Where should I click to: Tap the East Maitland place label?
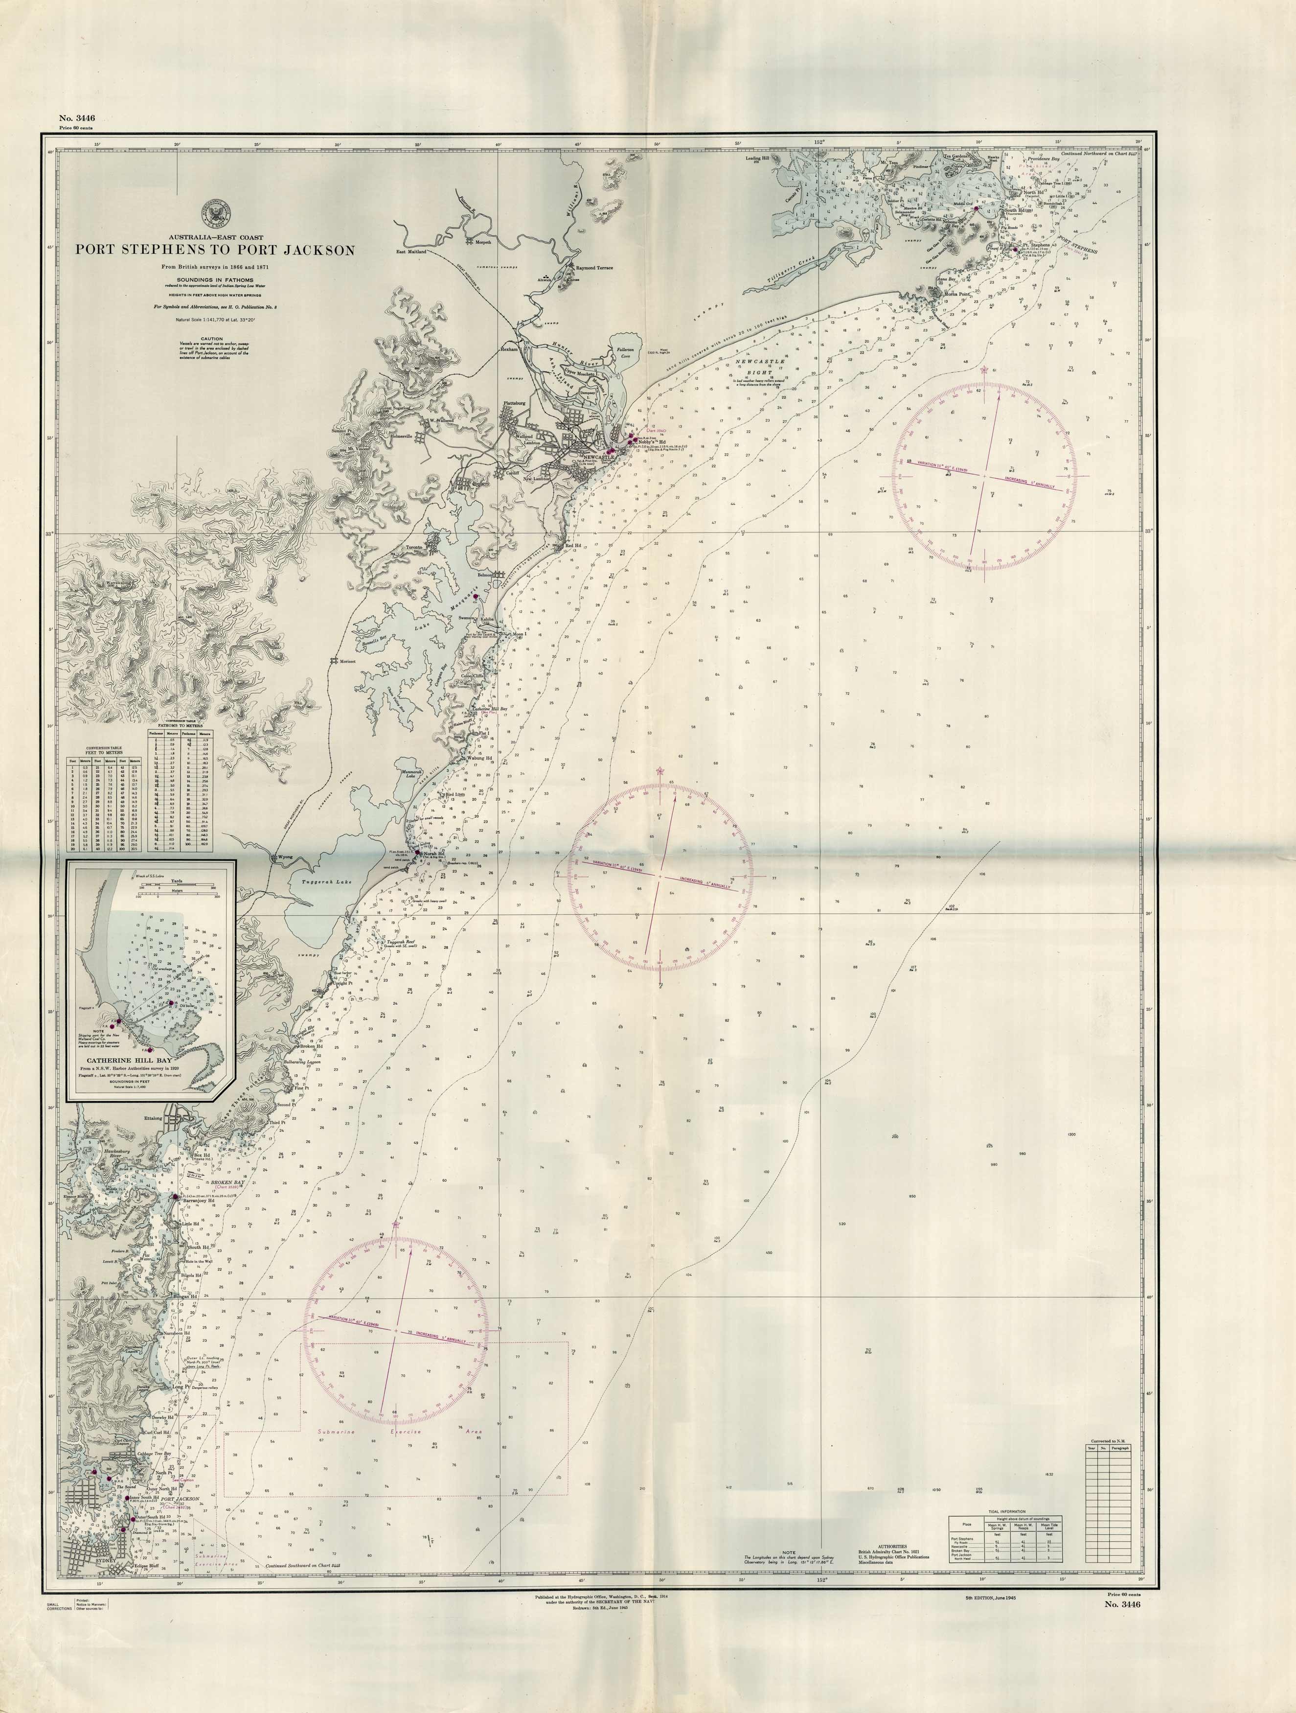point(411,251)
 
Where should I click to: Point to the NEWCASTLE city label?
point(598,458)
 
